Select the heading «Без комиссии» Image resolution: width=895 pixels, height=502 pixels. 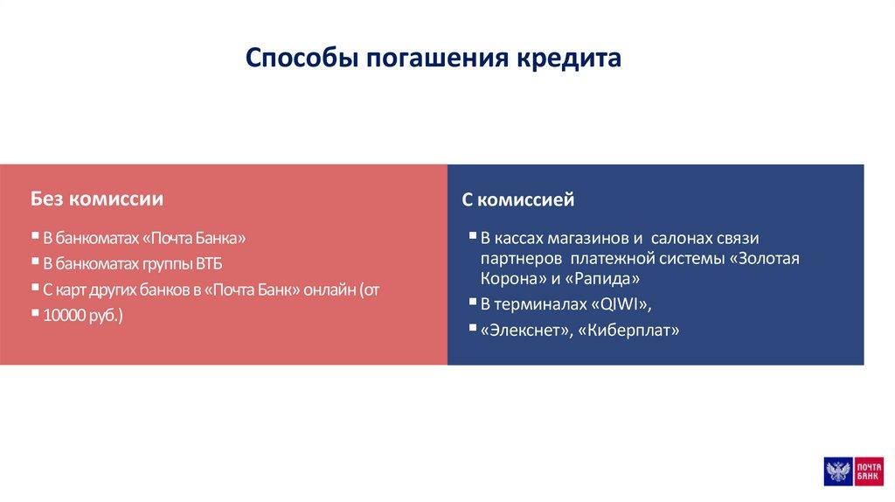point(97,199)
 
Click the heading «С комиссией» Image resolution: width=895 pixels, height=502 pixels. point(517,199)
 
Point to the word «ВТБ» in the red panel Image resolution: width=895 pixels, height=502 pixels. point(209,264)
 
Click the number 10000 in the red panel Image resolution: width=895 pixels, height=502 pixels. point(64,315)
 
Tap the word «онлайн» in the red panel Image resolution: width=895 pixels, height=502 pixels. point(330,289)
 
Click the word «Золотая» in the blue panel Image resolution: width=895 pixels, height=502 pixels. point(769,258)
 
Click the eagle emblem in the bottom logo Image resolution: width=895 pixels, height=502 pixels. point(838,471)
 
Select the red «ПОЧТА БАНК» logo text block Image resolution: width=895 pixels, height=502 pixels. point(868,471)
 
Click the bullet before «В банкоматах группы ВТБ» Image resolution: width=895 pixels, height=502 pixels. point(35,261)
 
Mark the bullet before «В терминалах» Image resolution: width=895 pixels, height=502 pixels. point(473,301)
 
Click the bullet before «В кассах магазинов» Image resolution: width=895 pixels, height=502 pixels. point(473,235)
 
